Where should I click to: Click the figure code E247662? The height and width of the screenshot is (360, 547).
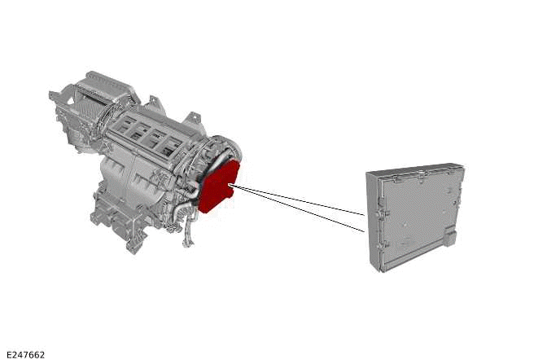coord(25,354)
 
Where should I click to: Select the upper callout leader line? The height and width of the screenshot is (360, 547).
coord(301,201)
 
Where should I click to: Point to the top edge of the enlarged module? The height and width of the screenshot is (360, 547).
coord(415,169)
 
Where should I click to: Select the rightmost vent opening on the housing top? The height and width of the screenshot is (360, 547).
coord(172,147)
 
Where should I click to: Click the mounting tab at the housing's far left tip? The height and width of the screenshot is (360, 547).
coord(54,97)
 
